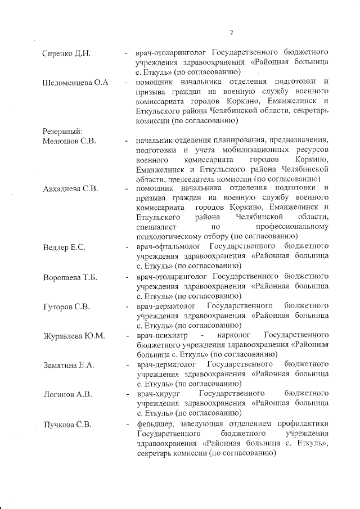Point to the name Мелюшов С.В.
point(69,141)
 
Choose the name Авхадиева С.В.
point(71,188)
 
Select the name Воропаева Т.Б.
point(71,277)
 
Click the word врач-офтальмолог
point(166,247)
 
